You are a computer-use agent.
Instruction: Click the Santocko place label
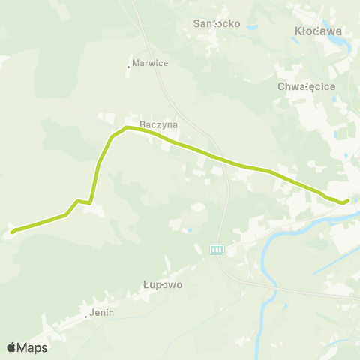coord(217,23)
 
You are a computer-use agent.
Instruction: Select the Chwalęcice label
coord(305,86)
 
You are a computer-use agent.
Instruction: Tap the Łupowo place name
coord(163,285)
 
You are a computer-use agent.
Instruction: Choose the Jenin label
coord(101,313)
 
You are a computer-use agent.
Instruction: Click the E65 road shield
coord(217,249)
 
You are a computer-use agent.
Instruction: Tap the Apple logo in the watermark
coord(12,347)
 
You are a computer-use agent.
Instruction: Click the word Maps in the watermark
coord(33,347)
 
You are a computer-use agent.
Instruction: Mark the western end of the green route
coord(13,231)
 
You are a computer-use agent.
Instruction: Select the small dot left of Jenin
coord(86,316)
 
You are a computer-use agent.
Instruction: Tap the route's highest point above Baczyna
coord(127,128)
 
